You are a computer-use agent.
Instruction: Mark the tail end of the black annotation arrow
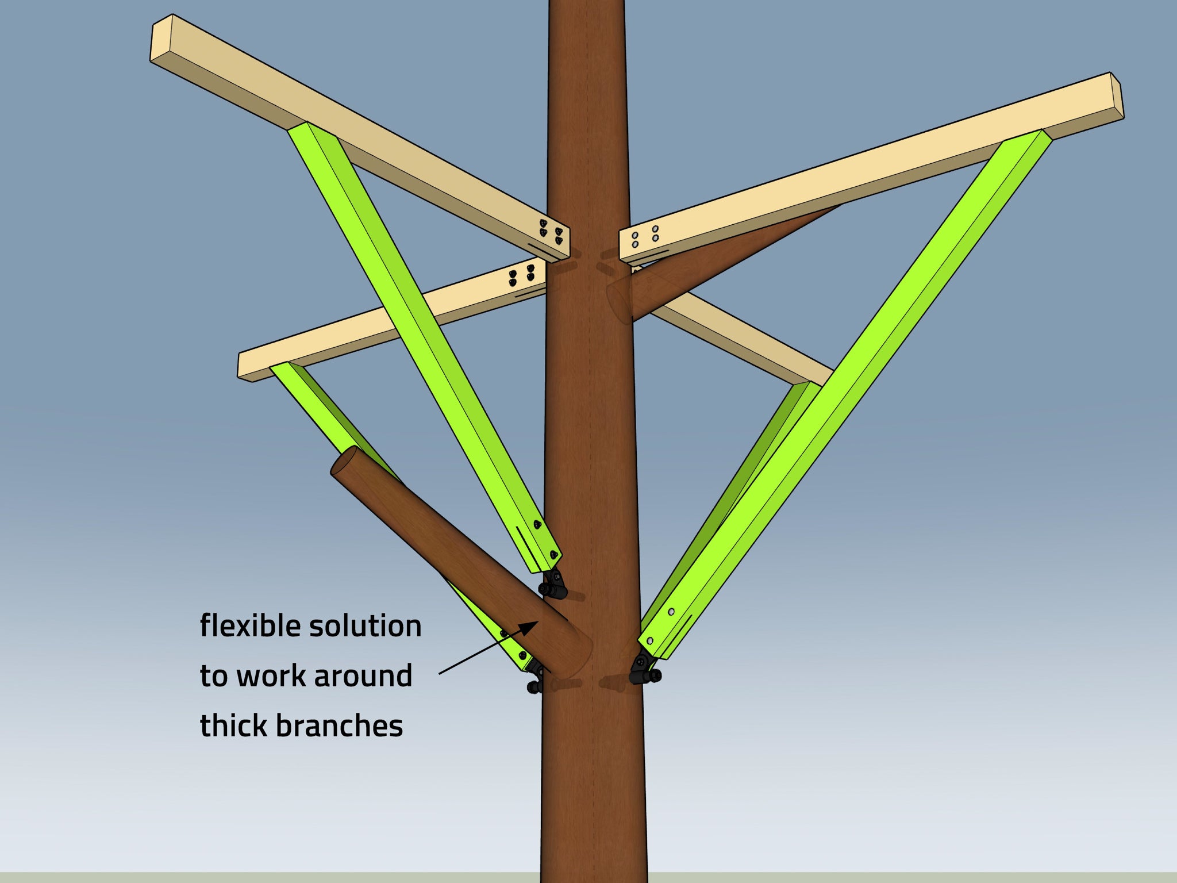pyautogui.click(x=440, y=673)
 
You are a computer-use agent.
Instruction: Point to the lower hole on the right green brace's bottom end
pyautogui.click(x=649, y=641)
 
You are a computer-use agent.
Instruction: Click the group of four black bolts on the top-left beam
pyautogui.click(x=551, y=232)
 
